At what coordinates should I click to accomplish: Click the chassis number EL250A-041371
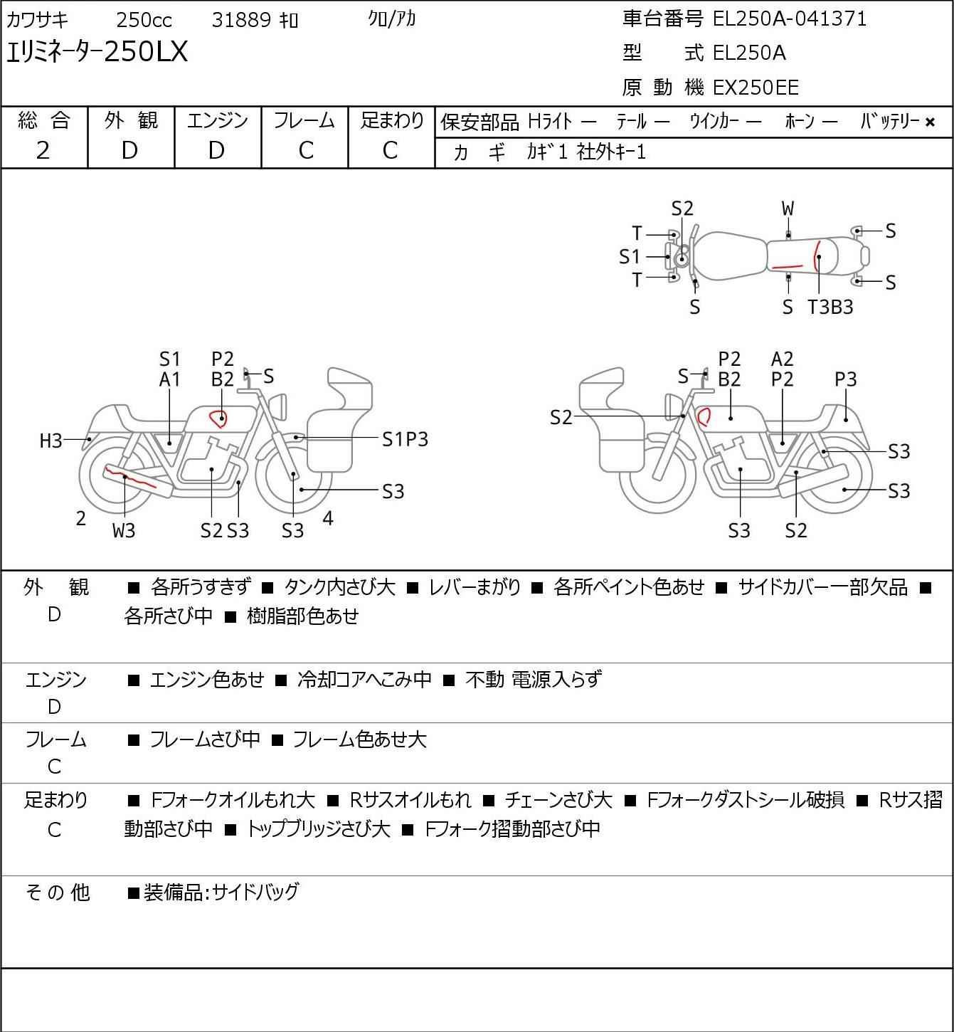click(x=789, y=19)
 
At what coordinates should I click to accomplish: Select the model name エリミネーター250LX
click(x=97, y=52)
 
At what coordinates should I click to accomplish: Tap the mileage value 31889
click(x=241, y=20)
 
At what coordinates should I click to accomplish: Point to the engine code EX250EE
click(x=756, y=88)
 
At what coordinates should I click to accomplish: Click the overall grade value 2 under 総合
click(x=43, y=151)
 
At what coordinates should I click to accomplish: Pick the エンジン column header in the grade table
click(x=217, y=120)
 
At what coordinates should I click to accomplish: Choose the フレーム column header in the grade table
click(x=304, y=120)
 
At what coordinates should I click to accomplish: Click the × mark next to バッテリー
click(x=930, y=122)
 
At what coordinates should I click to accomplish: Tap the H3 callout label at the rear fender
click(x=51, y=441)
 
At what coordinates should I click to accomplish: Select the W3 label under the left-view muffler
click(x=124, y=530)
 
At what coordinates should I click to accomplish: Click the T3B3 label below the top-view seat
click(x=830, y=307)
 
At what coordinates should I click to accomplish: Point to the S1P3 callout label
click(x=405, y=439)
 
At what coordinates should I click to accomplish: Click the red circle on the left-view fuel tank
click(x=218, y=418)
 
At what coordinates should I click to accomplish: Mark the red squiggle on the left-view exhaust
click(x=129, y=478)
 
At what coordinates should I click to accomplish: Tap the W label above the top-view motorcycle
click(x=788, y=209)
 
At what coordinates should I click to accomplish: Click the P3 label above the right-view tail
click(x=845, y=379)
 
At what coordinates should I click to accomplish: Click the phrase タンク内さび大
click(x=339, y=587)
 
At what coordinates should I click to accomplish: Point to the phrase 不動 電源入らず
click(x=534, y=679)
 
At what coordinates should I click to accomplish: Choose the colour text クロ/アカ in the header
click(x=392, y=19)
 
